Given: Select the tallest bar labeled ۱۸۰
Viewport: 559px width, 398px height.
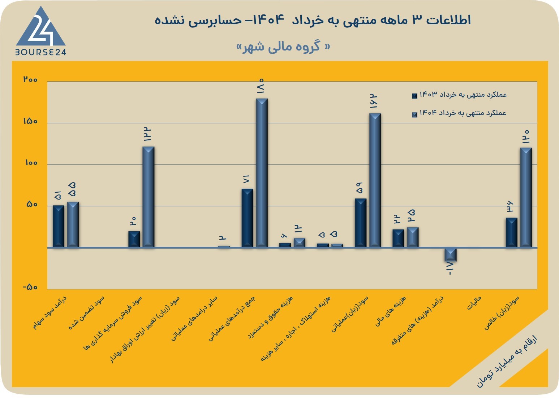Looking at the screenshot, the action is [x=262, y=173].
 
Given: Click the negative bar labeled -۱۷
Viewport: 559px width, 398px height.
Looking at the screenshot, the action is [x=451, y=254].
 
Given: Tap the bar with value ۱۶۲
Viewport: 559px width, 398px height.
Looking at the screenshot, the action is [x=375, y=180].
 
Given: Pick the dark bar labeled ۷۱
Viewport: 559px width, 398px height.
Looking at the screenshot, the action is [x=247, y=218].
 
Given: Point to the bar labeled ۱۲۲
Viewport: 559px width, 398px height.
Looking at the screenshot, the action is [x=148, y=197].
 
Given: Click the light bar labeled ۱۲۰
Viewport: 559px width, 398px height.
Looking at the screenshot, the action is [x=526, y=197].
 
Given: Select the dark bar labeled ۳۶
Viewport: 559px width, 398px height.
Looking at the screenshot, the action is [x=511, y=232].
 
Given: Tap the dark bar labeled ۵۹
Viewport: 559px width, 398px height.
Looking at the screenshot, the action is [x=360, y=223].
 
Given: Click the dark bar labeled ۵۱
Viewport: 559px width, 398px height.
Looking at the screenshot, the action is [x=59, y=226].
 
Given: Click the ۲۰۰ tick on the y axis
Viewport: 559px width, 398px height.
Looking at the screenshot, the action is [x=30, y=80].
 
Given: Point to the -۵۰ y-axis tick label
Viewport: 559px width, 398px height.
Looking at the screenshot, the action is [x=30, y=287].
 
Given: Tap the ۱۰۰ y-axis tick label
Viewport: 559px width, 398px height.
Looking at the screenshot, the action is [x=31, y=163].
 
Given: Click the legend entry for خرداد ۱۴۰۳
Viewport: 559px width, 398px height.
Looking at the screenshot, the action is [x=459, y=95].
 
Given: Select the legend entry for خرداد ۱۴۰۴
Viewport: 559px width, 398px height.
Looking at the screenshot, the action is [x=459, y=113].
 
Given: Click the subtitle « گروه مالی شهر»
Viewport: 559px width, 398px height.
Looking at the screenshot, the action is [x=283, y=47].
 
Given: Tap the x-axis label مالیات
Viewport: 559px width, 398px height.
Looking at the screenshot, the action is [x=474, y=303].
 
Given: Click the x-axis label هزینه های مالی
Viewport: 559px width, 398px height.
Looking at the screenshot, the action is [x=390, y=311].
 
